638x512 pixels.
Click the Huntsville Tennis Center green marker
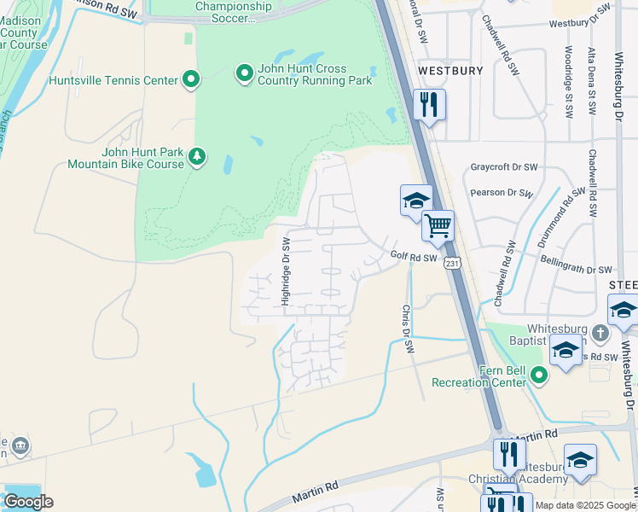[x=191, y=80]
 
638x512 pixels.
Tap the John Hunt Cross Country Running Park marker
[x=245, y=73]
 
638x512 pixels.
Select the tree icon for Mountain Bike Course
[x=198, y=157]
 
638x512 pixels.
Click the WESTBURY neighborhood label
[x=450, y=71]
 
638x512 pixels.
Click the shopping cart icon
[x=438, y=226]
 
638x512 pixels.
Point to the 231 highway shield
[x=452, y=265]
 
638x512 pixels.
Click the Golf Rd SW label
[x=415, y=256]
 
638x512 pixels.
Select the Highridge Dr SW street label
[x=287, y=272]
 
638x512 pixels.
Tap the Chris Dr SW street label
[x=408, y=329]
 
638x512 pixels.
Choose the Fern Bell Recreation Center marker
[x=538, y=374]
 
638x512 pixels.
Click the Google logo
[x=28, y=502]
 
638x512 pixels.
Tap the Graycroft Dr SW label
[x=504, y=167]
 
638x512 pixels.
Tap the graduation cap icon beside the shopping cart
[x=415, y=201]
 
